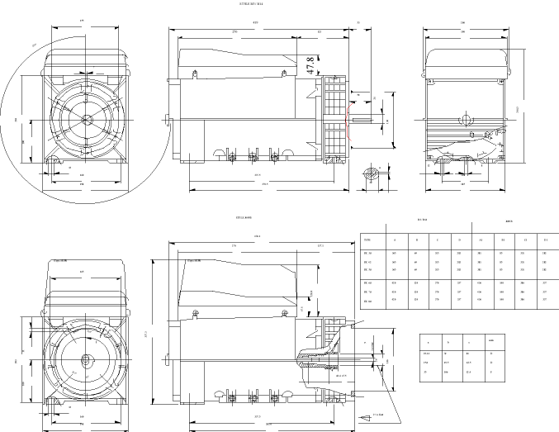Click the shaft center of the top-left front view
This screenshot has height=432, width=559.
pos(88,118)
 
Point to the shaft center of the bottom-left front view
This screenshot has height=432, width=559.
pos(86,360)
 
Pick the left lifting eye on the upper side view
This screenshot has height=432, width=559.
pos(195,74)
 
